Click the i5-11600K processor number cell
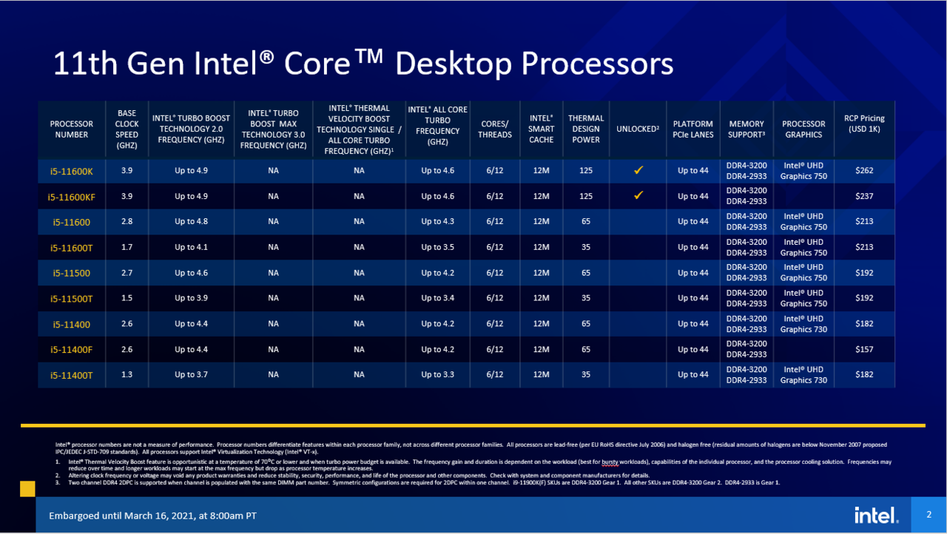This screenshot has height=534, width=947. [71, 171]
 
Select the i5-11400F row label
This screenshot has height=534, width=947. [71, 349]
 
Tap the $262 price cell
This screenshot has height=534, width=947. [864, 171]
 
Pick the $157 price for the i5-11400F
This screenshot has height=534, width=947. [864, 349]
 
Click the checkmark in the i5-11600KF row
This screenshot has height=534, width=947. [638, 196]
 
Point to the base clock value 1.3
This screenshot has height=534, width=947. [127, 375]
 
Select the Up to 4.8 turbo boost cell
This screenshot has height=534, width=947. [191, 222]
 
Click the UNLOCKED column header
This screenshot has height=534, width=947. [638, 129]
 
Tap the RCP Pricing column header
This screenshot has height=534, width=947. [864, 124]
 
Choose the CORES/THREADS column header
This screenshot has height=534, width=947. [495, 129]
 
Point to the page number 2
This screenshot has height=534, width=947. [929, 514]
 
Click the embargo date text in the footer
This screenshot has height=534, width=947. [153, 516]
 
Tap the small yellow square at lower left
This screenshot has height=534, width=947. [27, 489]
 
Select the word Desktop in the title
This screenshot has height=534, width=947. [452, 64]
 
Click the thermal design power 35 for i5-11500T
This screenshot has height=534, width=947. [586, 298]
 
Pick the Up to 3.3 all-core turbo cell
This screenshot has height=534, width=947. [437, 375]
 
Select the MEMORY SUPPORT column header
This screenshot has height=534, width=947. [746, 129]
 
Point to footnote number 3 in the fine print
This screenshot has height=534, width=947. [58, 482]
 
